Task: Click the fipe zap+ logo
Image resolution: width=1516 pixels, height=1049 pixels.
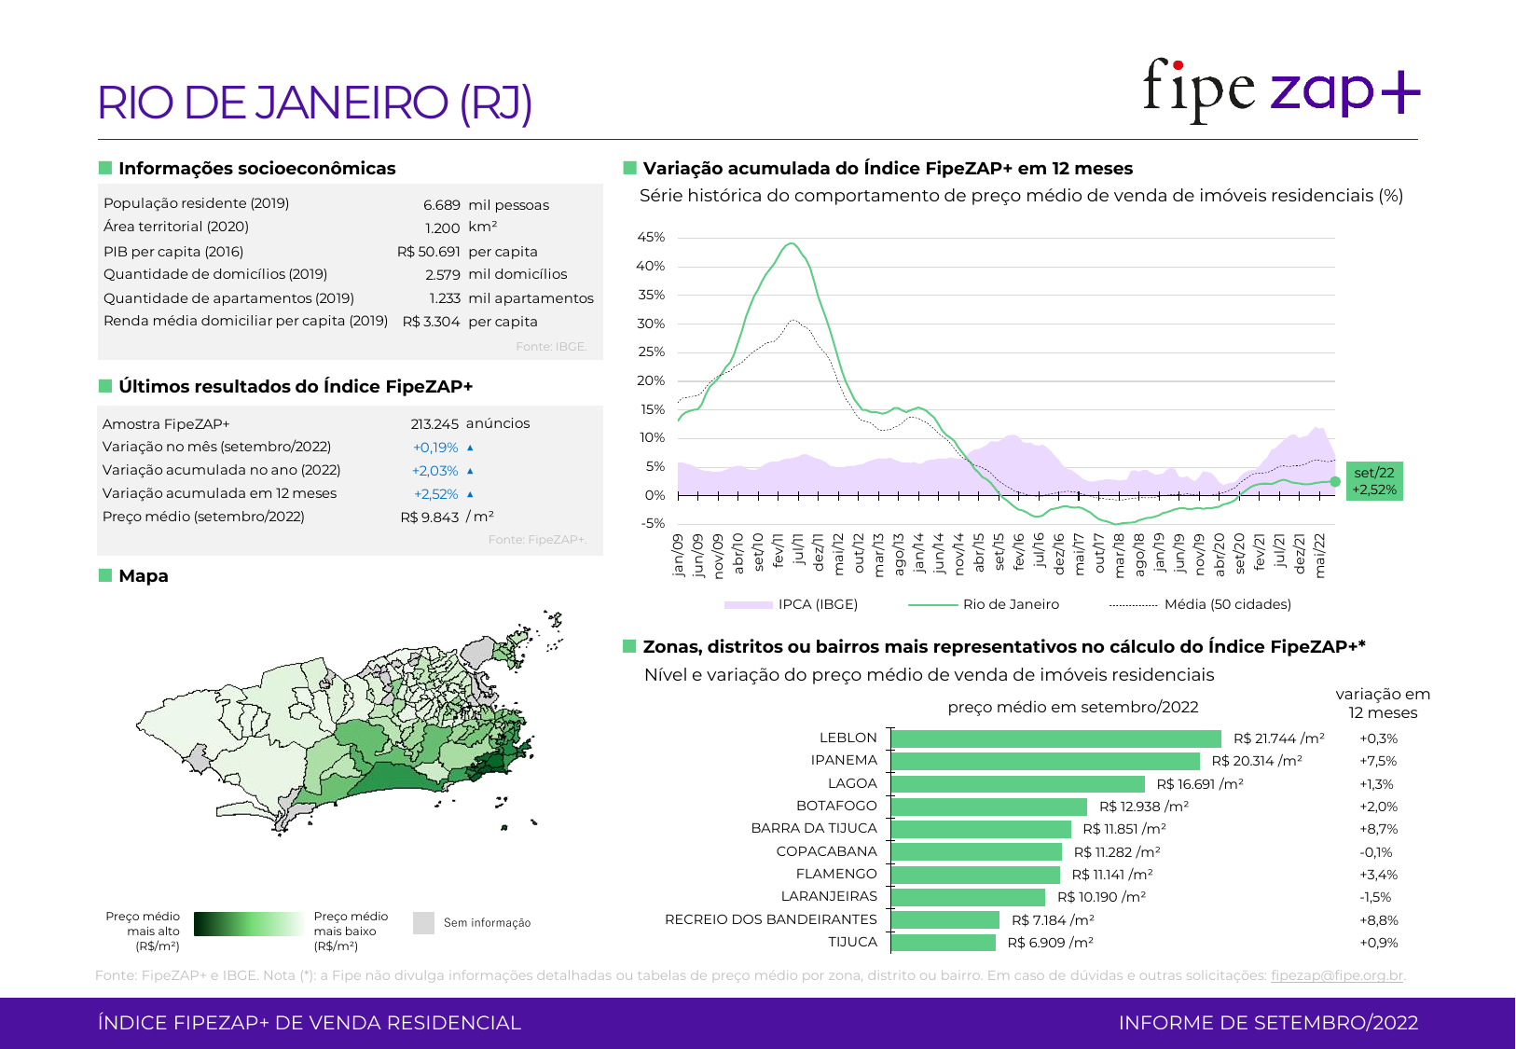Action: (1281, 90)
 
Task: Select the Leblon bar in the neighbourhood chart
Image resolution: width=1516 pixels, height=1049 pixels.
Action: (1055, 738)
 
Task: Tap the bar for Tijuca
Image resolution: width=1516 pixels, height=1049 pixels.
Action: (944, 943)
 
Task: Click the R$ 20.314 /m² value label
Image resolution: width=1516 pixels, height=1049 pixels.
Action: (1256, 761)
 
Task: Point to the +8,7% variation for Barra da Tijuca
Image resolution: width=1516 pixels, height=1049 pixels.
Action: (1378, 829)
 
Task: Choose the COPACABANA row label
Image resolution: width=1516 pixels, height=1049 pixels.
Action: (826, 851)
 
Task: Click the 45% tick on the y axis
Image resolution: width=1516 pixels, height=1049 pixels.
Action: (651, 238)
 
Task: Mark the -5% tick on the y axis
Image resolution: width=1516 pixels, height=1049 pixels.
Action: (653, 523)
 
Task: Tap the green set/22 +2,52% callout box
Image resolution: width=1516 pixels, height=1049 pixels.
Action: (1374, 481)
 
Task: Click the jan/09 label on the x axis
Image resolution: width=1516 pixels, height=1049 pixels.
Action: (678, 555)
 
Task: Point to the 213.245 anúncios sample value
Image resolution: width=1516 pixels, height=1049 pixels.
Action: (470, 423)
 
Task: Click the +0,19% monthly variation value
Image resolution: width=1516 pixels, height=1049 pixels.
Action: (435, 448)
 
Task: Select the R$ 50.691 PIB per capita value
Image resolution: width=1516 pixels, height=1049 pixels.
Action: (428, 252)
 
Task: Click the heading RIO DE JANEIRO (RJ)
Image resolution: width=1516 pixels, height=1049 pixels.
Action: (315, 103)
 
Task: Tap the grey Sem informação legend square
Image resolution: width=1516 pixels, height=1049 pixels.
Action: (423, 923)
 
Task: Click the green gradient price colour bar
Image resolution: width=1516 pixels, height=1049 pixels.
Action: (248, 924)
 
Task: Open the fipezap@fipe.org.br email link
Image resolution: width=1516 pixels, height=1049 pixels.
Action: (1336, 975)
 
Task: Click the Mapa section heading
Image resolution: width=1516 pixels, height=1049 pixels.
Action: (144, 576)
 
